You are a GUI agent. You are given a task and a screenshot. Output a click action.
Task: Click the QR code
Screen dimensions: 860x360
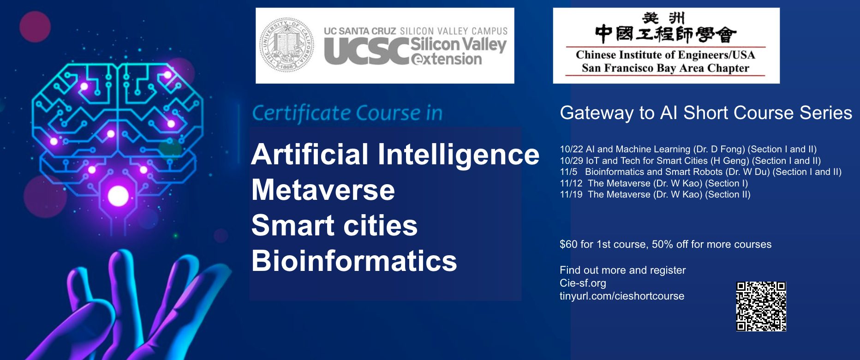761,306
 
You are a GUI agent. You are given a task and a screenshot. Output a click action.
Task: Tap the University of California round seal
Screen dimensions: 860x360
287,45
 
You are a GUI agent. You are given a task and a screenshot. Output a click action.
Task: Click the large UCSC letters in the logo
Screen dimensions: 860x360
367,51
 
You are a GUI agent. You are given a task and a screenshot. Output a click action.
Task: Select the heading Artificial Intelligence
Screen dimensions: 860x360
395,154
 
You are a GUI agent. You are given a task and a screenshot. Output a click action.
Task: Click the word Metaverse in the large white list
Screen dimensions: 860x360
323,190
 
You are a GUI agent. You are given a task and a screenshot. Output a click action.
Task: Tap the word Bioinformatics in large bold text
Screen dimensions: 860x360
354,261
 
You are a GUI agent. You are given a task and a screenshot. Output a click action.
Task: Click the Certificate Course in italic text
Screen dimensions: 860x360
347,113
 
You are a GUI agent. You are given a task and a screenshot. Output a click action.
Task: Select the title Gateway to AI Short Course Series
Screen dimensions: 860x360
706,113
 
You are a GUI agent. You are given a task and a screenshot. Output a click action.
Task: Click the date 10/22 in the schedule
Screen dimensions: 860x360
571,149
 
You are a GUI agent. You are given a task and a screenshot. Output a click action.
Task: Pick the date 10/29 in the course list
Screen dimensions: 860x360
571,161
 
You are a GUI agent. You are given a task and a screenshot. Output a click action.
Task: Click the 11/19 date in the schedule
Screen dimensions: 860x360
571,194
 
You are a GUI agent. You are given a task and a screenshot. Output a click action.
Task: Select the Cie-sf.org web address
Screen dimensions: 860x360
583,283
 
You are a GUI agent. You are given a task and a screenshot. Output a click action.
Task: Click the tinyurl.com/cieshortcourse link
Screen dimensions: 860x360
622,296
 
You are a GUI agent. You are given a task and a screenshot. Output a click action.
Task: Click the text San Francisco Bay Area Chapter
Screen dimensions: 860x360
665,68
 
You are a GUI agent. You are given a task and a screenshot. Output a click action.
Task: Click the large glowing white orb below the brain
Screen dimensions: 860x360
118,196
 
